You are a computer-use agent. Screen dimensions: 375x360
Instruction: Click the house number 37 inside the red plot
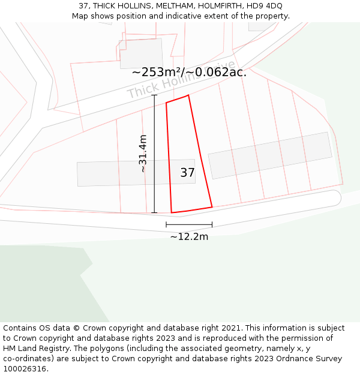tap(187, 173)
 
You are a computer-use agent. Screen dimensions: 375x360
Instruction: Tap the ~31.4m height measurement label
tap(143, 154)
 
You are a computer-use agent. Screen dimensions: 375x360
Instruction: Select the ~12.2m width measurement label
tap(189, 236)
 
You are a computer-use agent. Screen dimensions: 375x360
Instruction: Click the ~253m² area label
tap(157, 73)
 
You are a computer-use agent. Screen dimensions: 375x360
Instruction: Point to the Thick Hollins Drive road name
tap(180, 81)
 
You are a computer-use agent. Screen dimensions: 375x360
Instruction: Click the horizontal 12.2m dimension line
tap(189, 225)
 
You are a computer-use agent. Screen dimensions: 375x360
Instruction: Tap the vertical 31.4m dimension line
tap(154, 154)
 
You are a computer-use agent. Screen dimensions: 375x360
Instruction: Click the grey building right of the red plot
tap(270, 155)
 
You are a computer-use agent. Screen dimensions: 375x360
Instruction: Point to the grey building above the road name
tap(142, 53)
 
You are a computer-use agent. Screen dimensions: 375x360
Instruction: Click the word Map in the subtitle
tap(80, 16)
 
